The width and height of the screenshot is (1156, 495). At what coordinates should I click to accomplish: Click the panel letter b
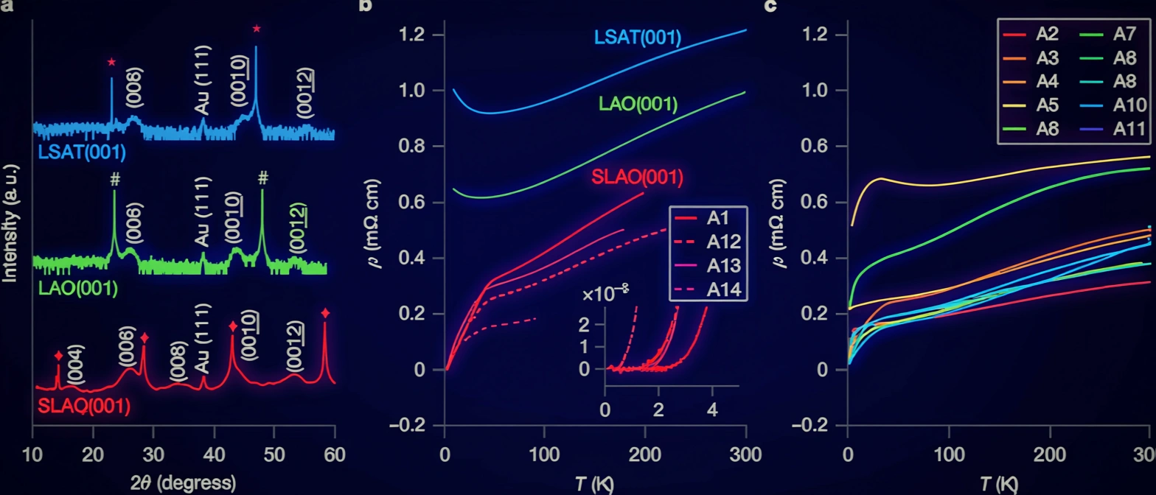tap(366, 7)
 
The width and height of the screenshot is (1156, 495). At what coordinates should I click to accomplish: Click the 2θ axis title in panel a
tap(184, 482)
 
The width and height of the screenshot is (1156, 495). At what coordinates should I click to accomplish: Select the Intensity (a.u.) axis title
tap(11, 214)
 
